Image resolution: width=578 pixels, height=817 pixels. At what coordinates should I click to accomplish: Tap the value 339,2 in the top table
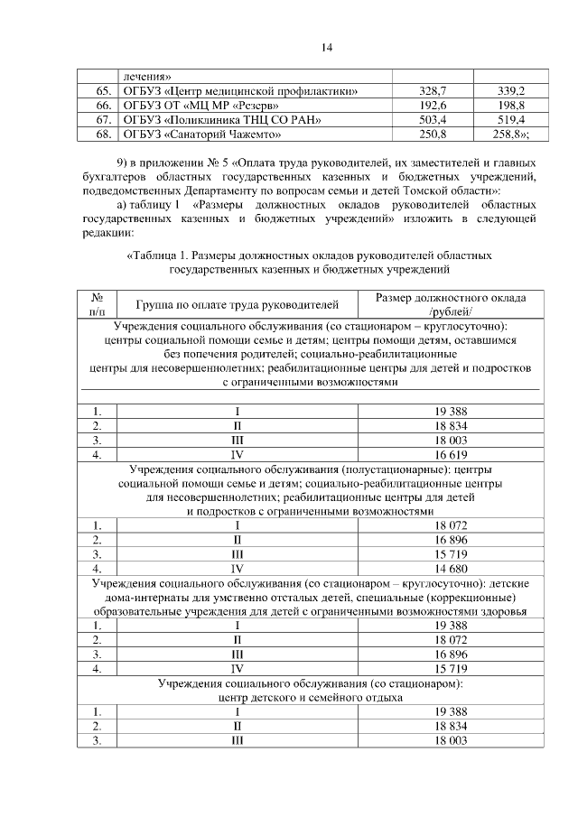click(512, 91)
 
